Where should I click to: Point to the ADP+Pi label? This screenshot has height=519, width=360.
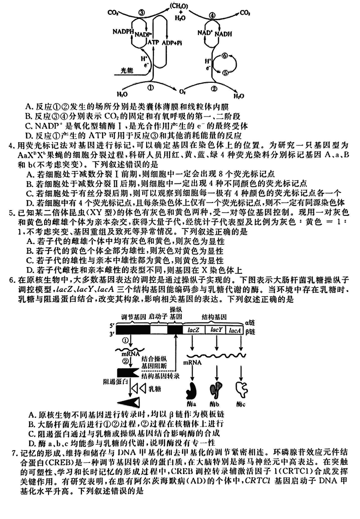click(x=172, y=41)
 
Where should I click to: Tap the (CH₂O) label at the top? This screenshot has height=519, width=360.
click(x=179, y=6)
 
